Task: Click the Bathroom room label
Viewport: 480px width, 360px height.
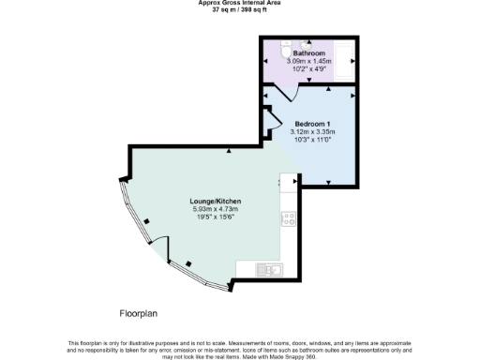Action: [308, 53]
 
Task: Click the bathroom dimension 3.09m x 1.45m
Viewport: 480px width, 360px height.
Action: [308, 61]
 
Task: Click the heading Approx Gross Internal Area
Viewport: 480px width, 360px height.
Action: [240, 3]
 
